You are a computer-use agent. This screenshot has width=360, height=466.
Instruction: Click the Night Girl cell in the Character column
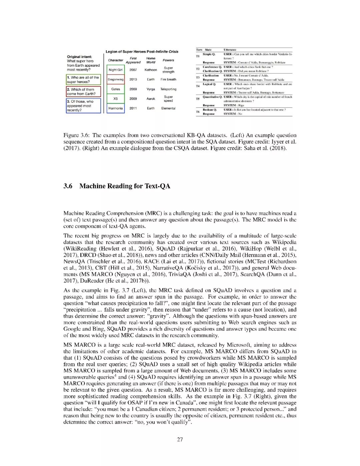pos(115,70)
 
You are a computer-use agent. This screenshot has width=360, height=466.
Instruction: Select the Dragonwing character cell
pos(115,79)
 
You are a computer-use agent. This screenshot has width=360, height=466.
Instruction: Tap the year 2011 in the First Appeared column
pos(133,108)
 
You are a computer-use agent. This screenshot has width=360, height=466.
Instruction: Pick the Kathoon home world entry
pos(151,70)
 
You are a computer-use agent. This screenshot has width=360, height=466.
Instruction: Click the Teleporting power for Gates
pos(168,89)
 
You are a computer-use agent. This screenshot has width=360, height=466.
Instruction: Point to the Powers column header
pos(168,60)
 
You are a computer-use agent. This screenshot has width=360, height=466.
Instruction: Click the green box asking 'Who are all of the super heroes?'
pos(83,79)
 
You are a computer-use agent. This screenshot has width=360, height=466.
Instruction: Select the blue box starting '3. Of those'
pos(83,106)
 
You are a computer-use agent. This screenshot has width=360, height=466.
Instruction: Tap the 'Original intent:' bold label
pos(79,57)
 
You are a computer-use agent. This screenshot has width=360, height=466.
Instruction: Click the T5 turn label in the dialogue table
pos(198,99)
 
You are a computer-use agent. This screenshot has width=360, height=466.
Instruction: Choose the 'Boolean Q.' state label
pos(210,109)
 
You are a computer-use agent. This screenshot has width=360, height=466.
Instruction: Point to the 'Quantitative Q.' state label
pos(212,97)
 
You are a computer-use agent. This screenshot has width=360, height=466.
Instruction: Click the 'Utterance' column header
pos(230,50)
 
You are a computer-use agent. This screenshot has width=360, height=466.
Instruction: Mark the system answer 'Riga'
pos(241,105)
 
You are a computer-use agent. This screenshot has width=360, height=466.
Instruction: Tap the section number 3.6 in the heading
pos(68,186)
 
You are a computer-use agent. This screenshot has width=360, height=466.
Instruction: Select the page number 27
pos(180,439)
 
